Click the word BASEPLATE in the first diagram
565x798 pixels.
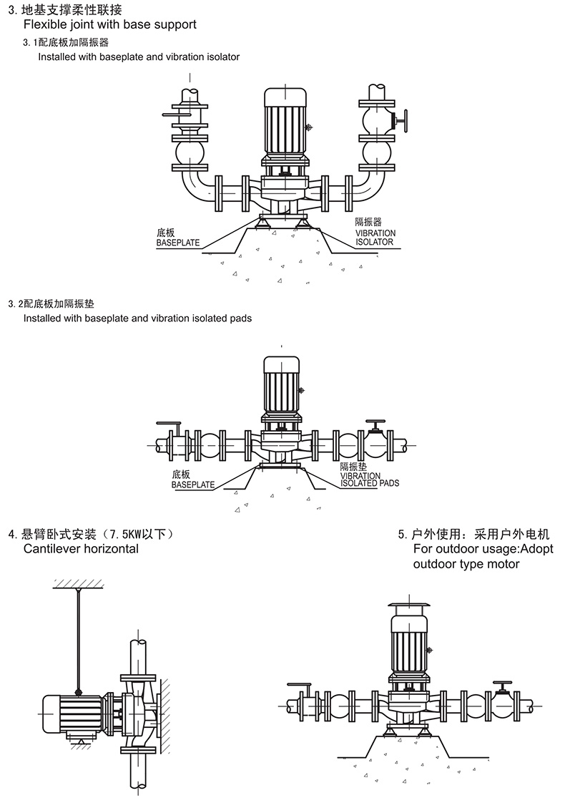(178, 243)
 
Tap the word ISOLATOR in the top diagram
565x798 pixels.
(375, 242)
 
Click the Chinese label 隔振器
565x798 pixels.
(369, 223)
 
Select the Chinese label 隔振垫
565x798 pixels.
(353, 466)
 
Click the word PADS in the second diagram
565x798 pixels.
(389, 484)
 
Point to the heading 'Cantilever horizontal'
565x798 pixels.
(81, 549)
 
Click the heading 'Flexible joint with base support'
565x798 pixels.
(110, 24)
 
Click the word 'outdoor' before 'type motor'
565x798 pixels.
(436, 564)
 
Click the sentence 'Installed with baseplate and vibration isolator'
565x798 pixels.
(139, 57)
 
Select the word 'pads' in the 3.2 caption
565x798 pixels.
(240, 318)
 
